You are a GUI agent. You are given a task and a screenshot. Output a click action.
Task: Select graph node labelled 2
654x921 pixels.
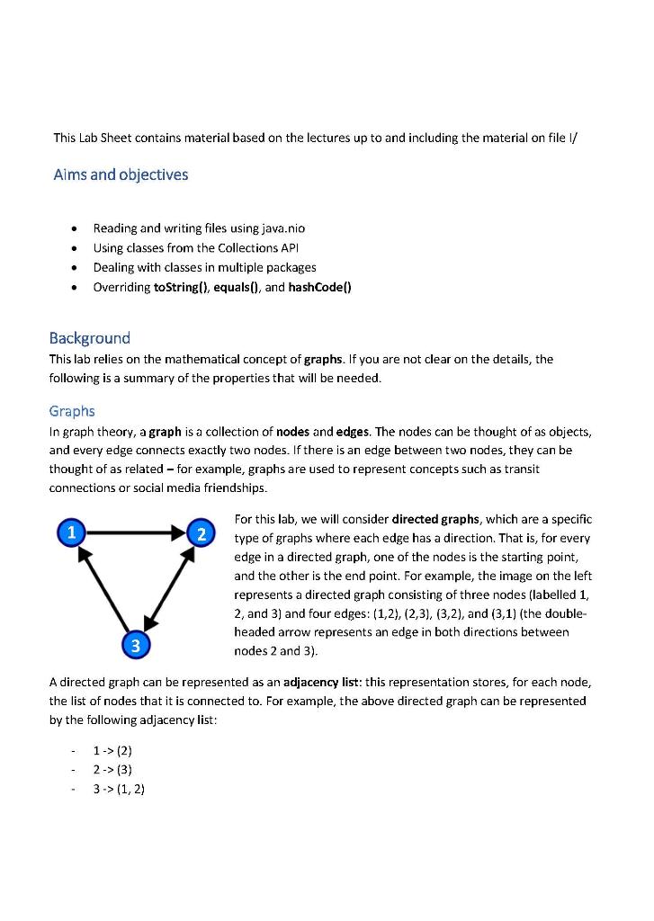[202, 533]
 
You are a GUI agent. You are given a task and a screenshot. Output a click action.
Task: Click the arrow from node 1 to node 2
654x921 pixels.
[135, 533]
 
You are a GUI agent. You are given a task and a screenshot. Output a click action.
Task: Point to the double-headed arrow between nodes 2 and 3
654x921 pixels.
[170, 587]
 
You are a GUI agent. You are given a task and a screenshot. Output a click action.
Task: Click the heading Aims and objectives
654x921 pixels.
[121, 174]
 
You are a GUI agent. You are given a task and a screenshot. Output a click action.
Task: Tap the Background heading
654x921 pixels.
[89, 338]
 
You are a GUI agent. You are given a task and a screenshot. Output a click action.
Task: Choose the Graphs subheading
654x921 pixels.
[72, 411]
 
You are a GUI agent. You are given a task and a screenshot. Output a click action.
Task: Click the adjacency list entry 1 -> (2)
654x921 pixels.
[112, 750]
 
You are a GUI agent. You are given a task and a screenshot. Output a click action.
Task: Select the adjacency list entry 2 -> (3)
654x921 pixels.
[112, 769]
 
